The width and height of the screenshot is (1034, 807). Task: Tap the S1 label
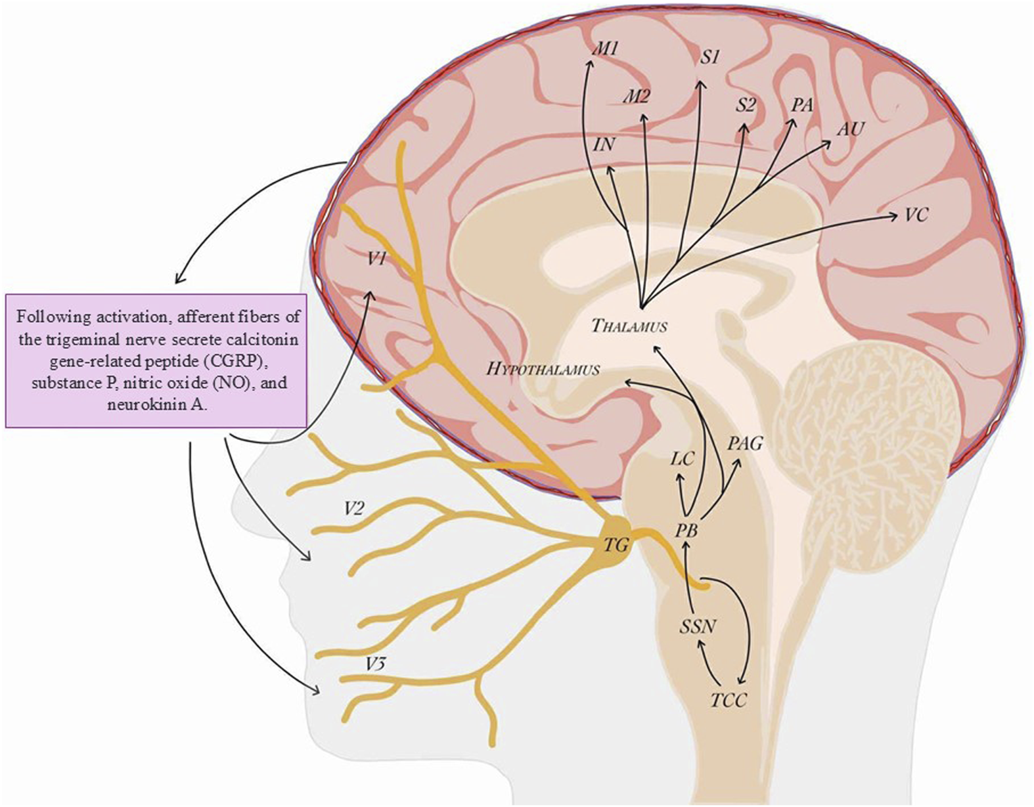pyautogui.click(x=709, y=58)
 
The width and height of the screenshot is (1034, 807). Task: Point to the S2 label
pyautogui.click(x=746, y=104)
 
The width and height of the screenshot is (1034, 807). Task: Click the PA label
pyautogui.click(x=802, y=104)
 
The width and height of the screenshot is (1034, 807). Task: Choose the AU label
pyautogui.click(x=850, y=129)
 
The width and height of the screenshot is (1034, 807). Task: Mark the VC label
pyautogui.click(x=916, y=214)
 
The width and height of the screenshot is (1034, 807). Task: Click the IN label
pyautogui.click(x=604, y=144)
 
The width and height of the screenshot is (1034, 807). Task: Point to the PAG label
pyautogui.click(x=745, y=444)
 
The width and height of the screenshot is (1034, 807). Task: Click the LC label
pyautogui.click(x=682, y=458)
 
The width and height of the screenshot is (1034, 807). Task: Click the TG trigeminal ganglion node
pyautogui.click(x=616, y=544)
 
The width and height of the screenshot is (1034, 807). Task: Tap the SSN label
pyautogui.click(x=697, y=626)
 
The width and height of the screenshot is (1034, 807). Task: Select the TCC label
pyautogui.click(x=729, y=701)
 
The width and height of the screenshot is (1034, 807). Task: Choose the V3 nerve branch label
pyautogui.click(x=375, y=665)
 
